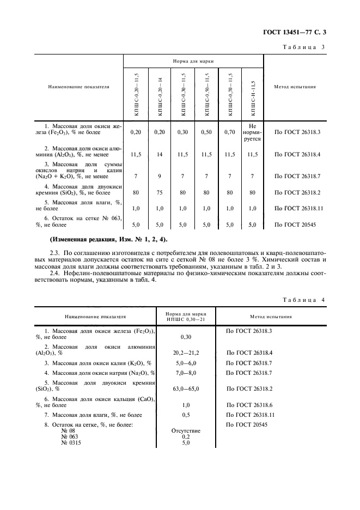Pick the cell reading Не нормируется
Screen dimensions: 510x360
click(252, 132)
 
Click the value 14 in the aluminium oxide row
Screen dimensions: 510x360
click(160, 155)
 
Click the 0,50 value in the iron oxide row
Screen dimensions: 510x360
click(206, 132)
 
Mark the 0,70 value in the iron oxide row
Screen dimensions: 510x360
click(229, 132)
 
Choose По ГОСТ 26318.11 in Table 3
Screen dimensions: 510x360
click(298, 208)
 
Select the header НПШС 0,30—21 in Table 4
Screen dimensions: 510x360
click(186, 319)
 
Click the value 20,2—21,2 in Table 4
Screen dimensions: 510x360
click(186, 353)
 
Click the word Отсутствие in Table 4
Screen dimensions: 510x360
click(186, 431)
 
